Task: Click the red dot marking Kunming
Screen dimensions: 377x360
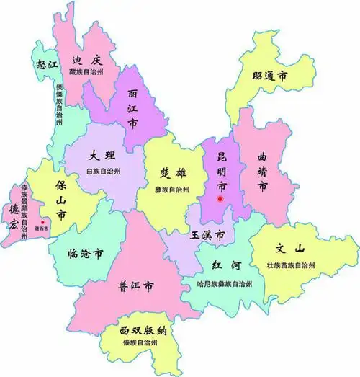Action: (x=222, y=198)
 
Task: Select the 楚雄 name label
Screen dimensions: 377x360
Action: (x=176, y=174)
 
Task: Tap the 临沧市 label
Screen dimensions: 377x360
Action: (x=84, y=254)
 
